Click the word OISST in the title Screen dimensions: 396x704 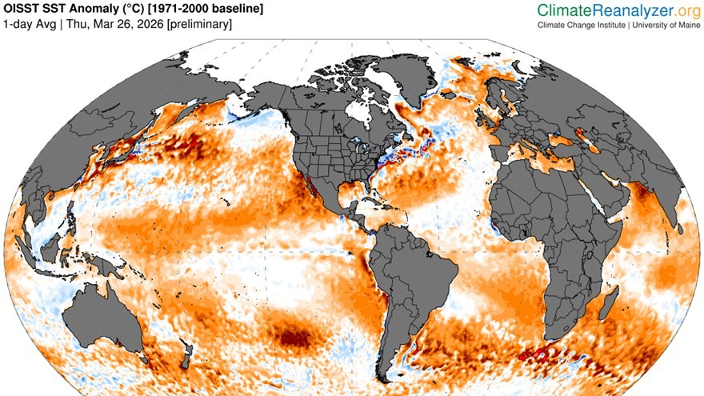pyautogui.click(x=22, y=9)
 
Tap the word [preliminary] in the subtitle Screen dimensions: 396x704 pyautogui.click(x=196, y=24)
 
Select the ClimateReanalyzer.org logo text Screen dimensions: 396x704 pyautogui.click(x=618, y=10)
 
